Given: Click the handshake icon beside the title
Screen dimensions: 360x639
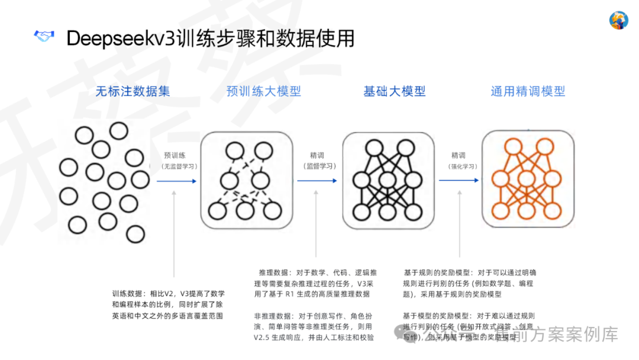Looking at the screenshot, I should pos(43,37).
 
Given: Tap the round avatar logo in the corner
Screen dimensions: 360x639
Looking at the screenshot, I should pos(619,20).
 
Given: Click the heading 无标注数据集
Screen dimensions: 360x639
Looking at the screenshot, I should pos(133,91).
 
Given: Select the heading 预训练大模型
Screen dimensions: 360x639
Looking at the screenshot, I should pos(264,91).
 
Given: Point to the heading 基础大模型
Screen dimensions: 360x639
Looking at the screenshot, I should pos(395,91).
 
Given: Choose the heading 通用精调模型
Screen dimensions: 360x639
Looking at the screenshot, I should pos(528,91).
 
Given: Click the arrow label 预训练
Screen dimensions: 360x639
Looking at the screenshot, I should pos(175,155).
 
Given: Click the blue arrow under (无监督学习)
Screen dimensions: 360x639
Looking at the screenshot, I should pos(176,181).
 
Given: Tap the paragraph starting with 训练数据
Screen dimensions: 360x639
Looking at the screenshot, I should pos(168,304).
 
